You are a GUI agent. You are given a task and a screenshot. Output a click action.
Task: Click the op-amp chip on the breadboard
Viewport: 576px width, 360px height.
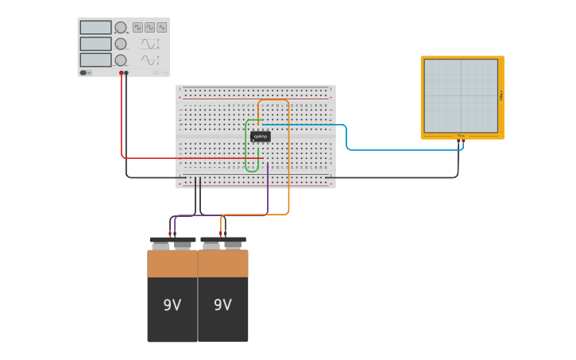pos(260,136)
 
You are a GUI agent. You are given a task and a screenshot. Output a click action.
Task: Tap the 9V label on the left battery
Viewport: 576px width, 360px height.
pos(172,305)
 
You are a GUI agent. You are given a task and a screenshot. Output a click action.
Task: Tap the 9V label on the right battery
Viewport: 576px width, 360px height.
pos(222,305)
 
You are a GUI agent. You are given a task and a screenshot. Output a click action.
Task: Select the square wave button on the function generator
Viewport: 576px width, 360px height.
pos(137,27)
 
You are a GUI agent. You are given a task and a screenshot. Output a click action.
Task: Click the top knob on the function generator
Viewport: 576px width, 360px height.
pos(121,28)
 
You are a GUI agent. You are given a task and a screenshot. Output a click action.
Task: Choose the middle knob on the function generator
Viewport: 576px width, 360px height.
pos(121,44)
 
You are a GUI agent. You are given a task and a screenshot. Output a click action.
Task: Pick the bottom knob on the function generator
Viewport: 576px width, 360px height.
pos(121,60)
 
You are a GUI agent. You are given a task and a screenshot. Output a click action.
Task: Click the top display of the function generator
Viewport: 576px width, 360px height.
pos(95,27)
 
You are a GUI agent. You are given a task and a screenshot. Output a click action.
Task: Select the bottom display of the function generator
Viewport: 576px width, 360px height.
pos(95,60)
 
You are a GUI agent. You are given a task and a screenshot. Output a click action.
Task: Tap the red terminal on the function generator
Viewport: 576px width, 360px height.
pos(122,73)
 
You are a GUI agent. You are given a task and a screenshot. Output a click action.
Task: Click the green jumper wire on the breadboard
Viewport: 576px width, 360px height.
pos(247,147)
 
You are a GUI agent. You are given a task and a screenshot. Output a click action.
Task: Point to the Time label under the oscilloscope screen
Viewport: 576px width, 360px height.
pos(461,136)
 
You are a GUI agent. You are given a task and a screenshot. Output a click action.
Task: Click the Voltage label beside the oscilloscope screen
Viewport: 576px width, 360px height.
pos(501,95)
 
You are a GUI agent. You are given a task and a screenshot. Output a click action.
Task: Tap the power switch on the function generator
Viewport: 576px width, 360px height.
pos(84,72)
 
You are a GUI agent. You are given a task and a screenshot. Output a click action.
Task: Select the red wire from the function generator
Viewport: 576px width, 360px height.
pos(122,119)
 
